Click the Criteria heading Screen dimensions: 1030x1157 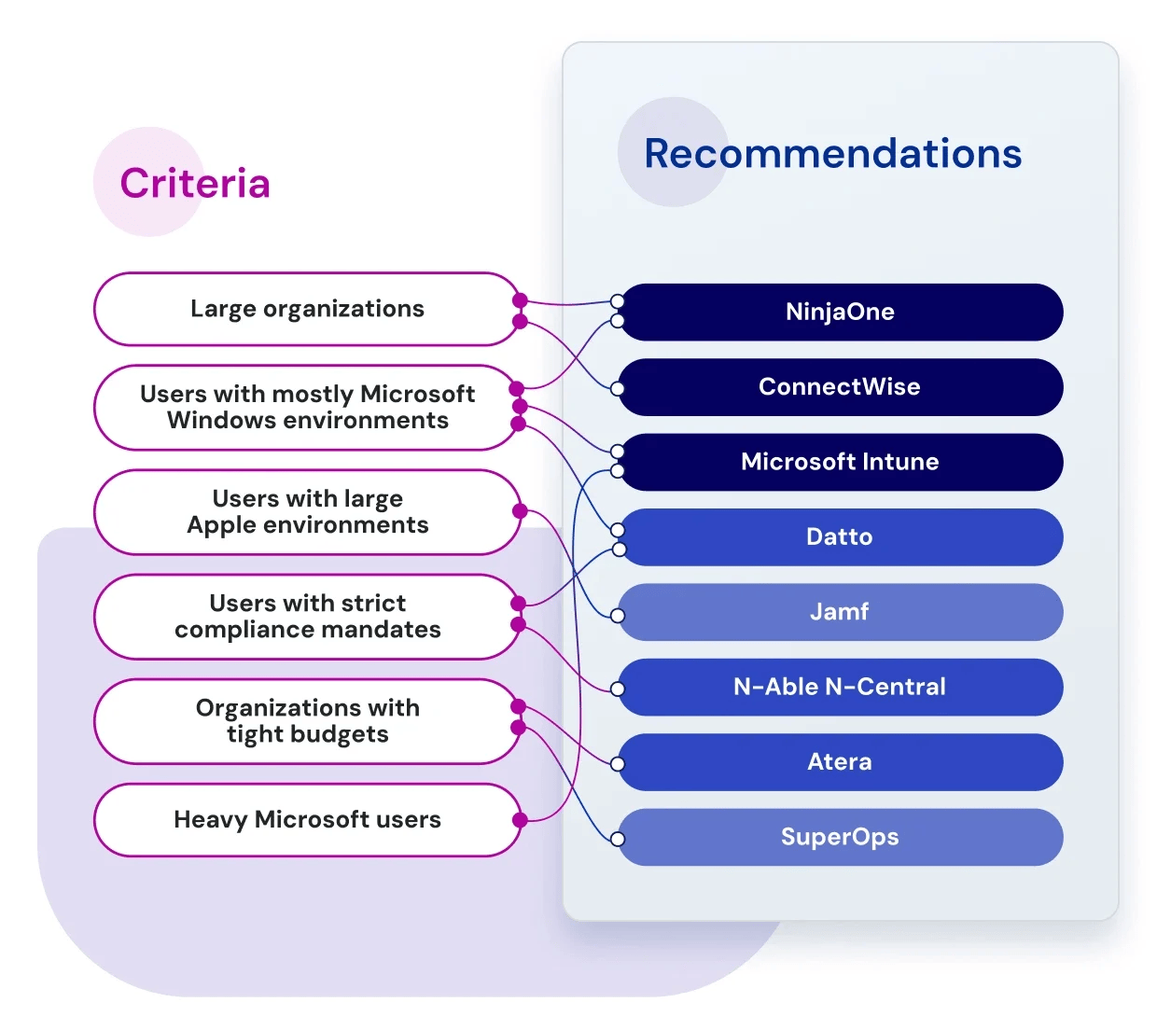click(195, 184)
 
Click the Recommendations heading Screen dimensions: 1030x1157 click(832, 154)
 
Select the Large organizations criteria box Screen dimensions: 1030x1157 click(307, 309)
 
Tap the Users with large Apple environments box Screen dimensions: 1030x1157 click(307, 512)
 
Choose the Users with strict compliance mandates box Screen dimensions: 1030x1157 click(307, 617)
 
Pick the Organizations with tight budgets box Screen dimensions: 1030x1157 click(307, 721)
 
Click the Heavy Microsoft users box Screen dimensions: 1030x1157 click(307, 820)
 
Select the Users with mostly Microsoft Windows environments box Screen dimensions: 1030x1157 click(307, 408)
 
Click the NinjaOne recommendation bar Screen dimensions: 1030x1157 click(840, 312)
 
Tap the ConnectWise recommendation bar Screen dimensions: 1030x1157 click(840, 387)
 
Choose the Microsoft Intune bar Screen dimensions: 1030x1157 click(840, 462)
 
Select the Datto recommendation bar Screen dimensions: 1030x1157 click(840, 537)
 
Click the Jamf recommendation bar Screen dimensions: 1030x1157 click(840, 612)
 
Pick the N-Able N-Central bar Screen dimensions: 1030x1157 click(840, 688)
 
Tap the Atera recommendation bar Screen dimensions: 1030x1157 click(840, 762)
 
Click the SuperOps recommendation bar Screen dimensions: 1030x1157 click(840, 837)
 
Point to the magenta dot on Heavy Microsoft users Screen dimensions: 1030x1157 click(520, 820)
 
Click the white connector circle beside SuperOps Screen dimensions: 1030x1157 click(617, 839)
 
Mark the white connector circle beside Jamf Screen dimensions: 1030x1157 click(617, 616)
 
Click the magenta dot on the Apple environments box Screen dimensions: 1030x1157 click(520, 511)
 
